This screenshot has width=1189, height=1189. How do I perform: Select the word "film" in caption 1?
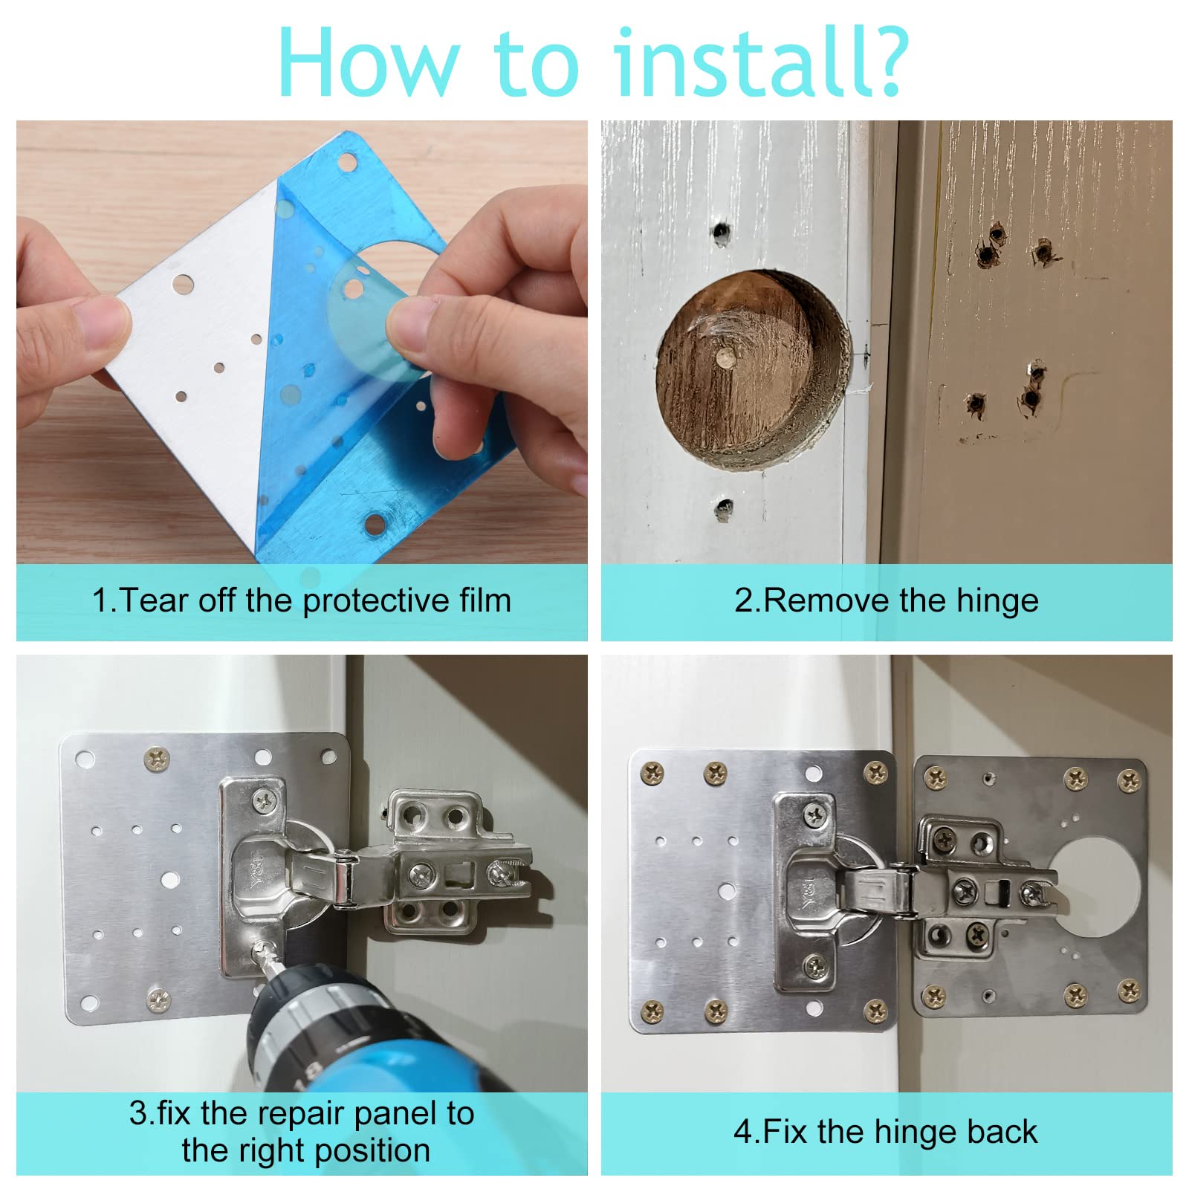(485, 600)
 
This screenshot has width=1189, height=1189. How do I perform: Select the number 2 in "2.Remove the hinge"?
(743, 600)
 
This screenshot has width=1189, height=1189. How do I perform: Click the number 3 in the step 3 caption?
(138, 1113)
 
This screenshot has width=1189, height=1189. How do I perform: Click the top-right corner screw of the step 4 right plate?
(1129, 780)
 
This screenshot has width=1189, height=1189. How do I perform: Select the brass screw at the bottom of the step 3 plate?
(158, 1000)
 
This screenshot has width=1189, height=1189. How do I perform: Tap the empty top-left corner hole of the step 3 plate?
(85, 759)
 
